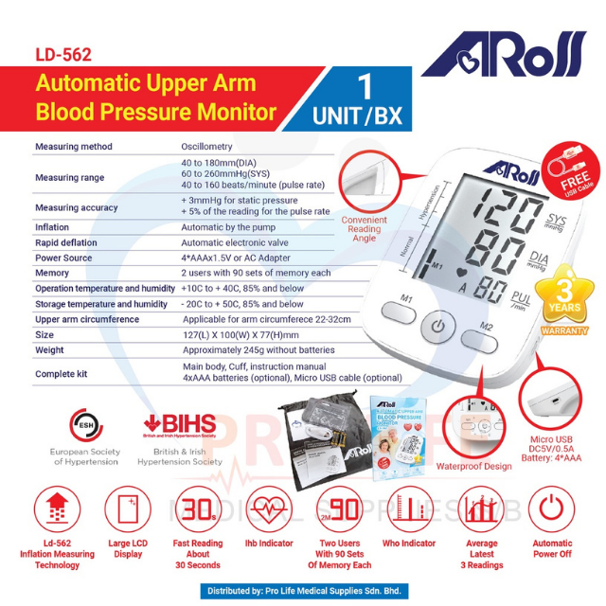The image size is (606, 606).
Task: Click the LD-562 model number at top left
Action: pyautogui.click(x=63, y=56)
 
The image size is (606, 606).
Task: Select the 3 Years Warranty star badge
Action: pyautogui.click(x=564, y=302)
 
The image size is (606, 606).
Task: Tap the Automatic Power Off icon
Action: pyautogui.click(x=552, y=511)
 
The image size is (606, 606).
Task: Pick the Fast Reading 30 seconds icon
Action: pyautogui.click(x=198, y=511)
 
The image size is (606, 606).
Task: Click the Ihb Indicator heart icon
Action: pyautogui.click(x=269, y=511)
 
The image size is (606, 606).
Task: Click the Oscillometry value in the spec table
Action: pyautogui.click(x=206, y=147)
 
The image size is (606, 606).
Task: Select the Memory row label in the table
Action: pyautogui.click(x=54, y=272)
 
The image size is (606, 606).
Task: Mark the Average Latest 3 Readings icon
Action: pyautogui.click(x=481, y=511)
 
